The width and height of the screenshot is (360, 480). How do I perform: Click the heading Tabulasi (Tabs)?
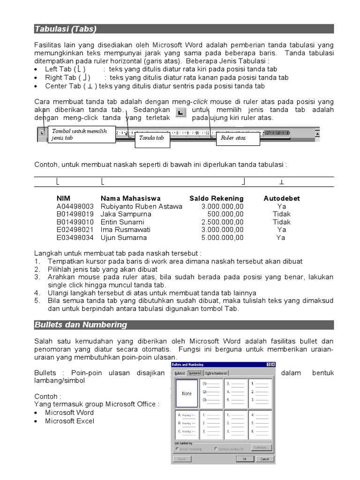pos(65,29)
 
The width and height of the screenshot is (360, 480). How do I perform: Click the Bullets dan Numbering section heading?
pos(81,325)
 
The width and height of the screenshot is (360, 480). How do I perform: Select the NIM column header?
pos(63,198)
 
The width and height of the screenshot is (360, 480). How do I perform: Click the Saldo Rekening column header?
pos(216,198)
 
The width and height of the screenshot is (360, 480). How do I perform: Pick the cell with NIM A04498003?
pos(75,206)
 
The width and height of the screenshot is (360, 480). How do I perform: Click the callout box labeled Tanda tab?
pos(151,138)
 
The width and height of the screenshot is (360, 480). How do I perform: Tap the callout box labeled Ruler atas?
pos(237,138)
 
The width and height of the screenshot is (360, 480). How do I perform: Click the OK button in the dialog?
pos(245,459)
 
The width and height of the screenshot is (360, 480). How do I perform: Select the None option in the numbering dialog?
pos(187,393)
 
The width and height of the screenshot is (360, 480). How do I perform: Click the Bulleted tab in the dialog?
pos(180,373)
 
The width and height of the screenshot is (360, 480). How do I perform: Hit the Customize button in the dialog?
pos(261,448)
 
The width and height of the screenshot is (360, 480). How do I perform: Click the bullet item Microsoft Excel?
pos(69,421)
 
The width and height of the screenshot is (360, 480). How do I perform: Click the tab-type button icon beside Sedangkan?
pos(181,113)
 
